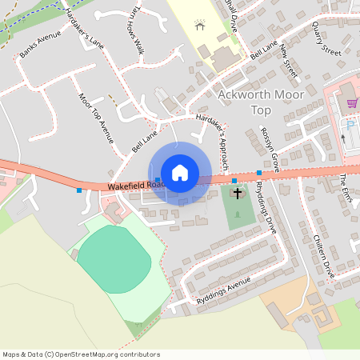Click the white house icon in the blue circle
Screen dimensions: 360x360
[x=180, y=172]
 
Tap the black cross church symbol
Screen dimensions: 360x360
[x=238, y=193]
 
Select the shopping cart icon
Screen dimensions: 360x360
[x=351, y=102]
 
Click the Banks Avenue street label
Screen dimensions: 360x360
[x=40, y=46]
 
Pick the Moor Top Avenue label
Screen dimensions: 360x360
[x=96, y=120]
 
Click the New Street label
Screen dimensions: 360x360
[x=289, y=62]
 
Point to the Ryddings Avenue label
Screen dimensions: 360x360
[x=223, y=292]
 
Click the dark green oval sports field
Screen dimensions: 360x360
[x=114, y=258]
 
